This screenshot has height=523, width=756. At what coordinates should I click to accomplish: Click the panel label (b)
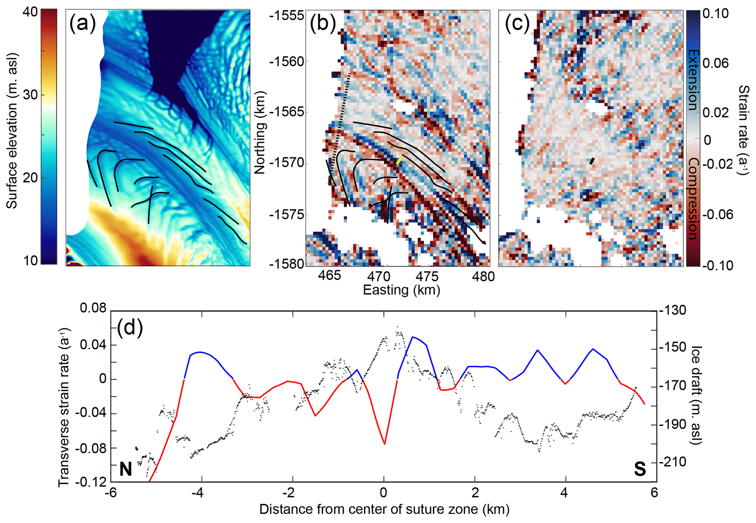click(323, 24)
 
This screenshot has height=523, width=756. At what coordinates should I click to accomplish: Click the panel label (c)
click(517, 24)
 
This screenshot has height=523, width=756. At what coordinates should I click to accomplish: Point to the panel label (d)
click(130, 327)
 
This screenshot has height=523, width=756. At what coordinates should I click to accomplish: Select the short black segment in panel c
click(592, 161)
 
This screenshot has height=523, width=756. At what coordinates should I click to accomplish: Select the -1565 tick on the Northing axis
click(286, 112)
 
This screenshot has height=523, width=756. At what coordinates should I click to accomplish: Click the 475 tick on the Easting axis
click(427, 276)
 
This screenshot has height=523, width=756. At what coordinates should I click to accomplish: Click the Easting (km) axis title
click(401, 290)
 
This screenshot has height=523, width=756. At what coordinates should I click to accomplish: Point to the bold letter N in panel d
click(125, 469)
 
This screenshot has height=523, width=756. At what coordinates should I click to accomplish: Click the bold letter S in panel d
click(640, 469)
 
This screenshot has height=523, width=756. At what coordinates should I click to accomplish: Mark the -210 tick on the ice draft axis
click(673, 462)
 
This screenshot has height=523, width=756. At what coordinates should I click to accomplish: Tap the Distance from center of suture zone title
click(384, 509)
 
